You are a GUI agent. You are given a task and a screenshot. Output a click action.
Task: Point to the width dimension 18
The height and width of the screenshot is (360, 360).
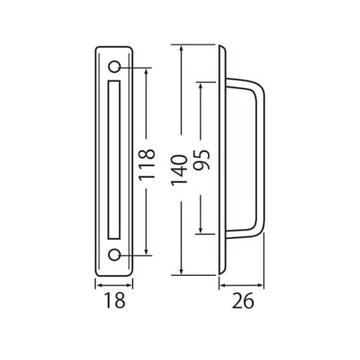coord(115,302)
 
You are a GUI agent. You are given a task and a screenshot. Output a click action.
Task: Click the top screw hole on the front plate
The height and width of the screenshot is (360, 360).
coord(114,68)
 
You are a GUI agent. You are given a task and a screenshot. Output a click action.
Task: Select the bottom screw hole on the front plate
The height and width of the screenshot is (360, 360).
coord(114,254)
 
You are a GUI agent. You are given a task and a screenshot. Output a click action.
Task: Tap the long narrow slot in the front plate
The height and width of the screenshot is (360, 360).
coord(114,161)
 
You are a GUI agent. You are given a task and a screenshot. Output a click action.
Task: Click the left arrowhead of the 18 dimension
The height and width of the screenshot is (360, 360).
coord(97,286)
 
